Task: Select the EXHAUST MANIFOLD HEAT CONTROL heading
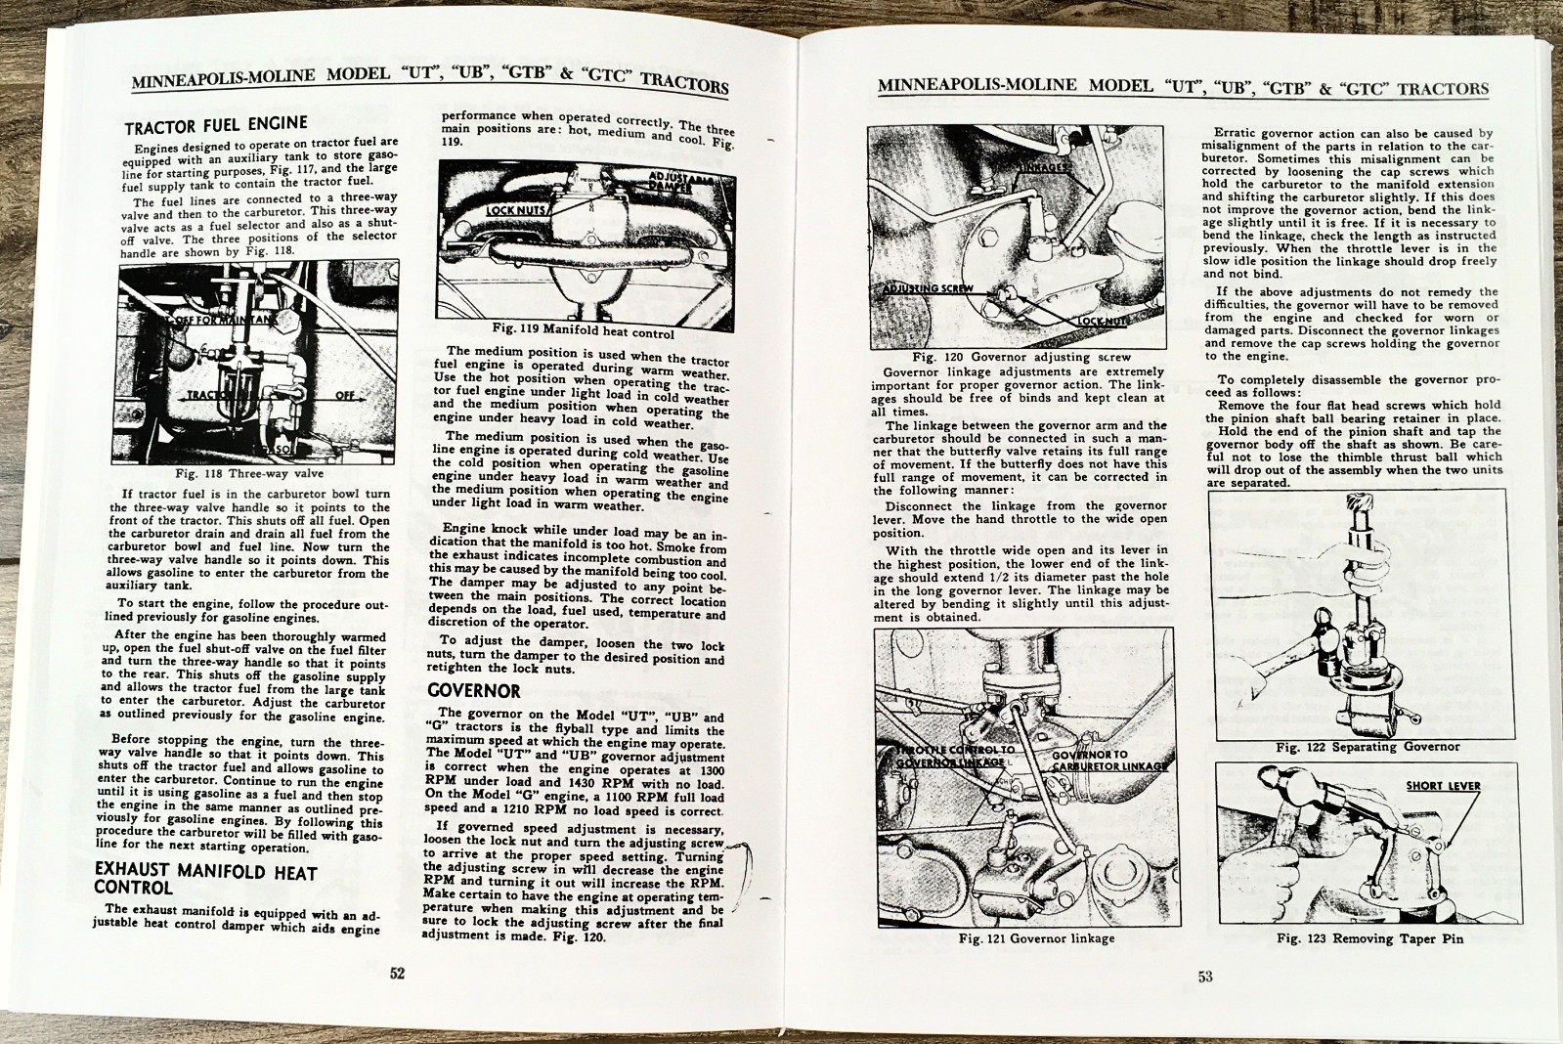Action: pos(205,879)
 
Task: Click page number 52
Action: pos(398,974)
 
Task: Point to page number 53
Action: pos(1205,976)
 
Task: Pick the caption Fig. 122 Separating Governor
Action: pos(1368,747)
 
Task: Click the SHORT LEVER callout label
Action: pos(1443,786)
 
